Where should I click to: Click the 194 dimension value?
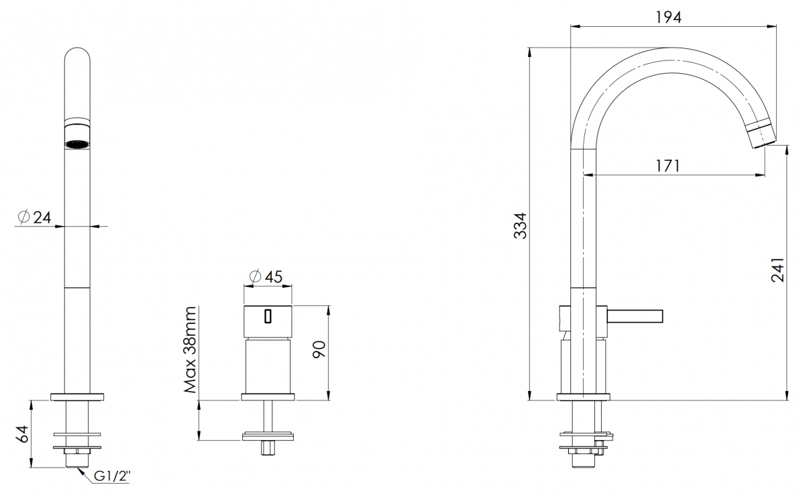[669, 17]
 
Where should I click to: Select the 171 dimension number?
[668, 166]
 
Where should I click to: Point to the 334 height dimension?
[520, 225]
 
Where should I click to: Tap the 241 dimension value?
[777, 269]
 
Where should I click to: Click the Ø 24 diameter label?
[34, 217]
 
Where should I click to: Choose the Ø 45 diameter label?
[266, 276]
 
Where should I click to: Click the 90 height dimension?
[319, 349]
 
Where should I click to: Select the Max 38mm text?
[190, 349]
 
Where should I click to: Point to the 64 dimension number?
[22, 434]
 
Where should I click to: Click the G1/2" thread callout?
[112, 476]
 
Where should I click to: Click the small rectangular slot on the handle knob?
[268, 317]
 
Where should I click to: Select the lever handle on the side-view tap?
[635, 316]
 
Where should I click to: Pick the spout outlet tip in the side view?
[762, 135]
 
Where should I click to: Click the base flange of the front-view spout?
[77, 397]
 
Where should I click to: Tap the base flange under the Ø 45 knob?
[268, 397]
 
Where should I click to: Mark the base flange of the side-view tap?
[583, 397]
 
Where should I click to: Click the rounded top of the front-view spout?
[77, 54]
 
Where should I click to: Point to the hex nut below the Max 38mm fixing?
[268, 447]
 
